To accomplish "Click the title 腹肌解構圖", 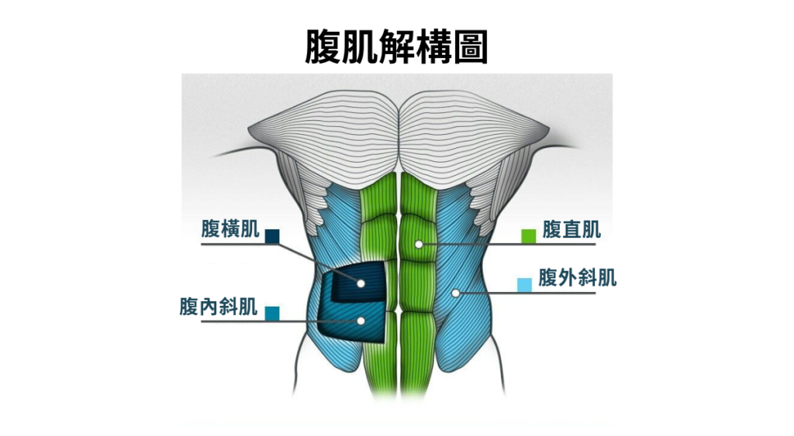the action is [x=396, y=47].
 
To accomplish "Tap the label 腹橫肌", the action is [x=230, y=228].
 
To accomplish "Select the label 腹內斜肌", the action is [x=219, y=307].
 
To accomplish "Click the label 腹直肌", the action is [x=571, y=229].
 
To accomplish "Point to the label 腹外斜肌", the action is [x=577, y=278].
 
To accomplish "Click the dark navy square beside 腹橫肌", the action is [x=272, y=236].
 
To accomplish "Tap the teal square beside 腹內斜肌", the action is [x=272, y=314].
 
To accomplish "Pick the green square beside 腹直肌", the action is [x=529, y=236].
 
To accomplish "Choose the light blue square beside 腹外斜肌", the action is [x=525, y=285].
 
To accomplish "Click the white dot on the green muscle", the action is [x=419, y=244].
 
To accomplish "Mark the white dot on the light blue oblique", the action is [x=456, y=293].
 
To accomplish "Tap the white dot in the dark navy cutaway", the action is [x=361, y=283].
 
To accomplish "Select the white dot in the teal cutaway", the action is [x=361, y=321].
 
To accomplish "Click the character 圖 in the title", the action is [x=471, y=47].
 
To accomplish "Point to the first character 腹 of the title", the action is [x=323, y=47].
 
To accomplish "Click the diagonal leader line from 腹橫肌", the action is [x=319, y=263].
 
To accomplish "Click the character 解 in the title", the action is [x=396, y=47].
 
